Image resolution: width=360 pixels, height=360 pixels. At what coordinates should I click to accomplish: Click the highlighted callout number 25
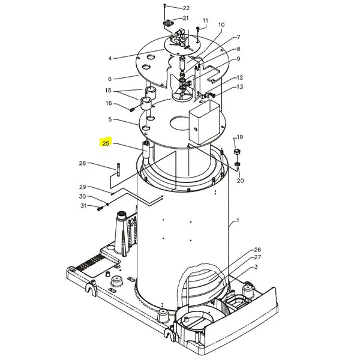click(x=106, y=143)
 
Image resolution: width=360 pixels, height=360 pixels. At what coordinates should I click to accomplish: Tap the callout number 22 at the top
click(x=186, y=8)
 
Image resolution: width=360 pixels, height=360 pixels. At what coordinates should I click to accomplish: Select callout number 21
click(x=186, y=18)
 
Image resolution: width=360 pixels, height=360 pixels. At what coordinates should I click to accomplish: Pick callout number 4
click(x=110, y=58)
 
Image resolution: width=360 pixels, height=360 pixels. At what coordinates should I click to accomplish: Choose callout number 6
click(x=110, y=79)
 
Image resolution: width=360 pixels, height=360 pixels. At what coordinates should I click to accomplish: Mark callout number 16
click(x=109, y=103)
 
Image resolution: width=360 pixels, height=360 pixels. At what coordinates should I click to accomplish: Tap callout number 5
click(x=110, y=120)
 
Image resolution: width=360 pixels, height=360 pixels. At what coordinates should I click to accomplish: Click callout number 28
click(x=83, y=163)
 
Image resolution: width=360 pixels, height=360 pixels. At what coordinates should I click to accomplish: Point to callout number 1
click(x=238, y=221)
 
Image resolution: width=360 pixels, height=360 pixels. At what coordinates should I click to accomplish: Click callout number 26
click(x=257, y=250)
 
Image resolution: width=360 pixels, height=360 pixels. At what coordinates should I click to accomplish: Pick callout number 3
click(x=255, y=266)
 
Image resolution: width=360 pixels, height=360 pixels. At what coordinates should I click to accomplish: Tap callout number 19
click(x=239, y=137)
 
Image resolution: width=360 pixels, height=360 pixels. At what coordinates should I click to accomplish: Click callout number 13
click(x=239, y=87)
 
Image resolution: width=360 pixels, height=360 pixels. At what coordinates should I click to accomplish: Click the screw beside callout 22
click(x=164, y=7)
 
